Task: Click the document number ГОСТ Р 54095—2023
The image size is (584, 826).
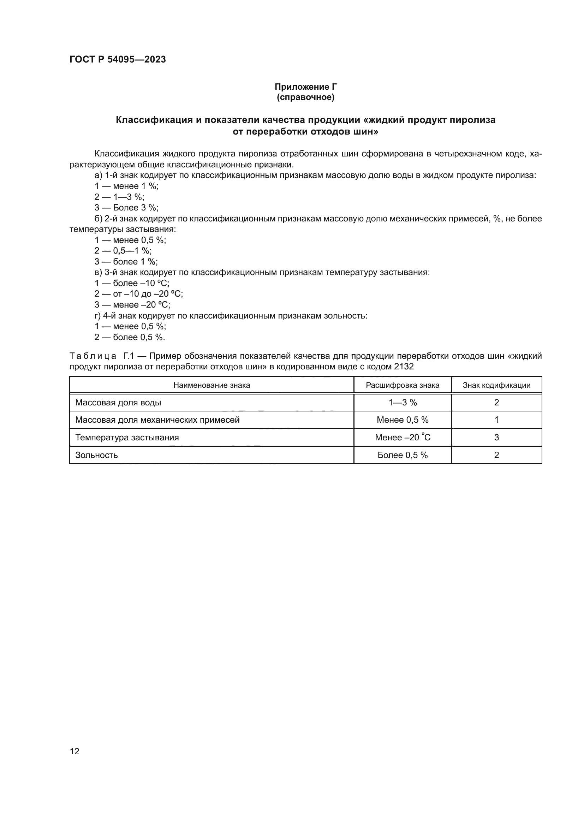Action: (x=118, y=59)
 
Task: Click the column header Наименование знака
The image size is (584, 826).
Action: (x=211, y=385)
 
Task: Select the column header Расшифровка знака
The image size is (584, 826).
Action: (x=403, y=385)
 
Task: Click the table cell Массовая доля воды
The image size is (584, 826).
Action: (x=118, y=403)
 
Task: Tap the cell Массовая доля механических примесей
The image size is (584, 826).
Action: (x=157, y=420)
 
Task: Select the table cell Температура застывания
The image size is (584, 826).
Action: (x=127, y=438)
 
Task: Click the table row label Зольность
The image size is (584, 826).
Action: (x=96, y=455)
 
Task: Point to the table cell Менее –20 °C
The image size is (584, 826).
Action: (x=403, y=438)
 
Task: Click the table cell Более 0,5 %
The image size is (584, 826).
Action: (x=403, y=455)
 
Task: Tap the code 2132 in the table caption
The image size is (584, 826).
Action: (x=404, y=367)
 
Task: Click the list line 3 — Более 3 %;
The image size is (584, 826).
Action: (x=126, y=208)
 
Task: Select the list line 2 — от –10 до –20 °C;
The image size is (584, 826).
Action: (x=138, y=294)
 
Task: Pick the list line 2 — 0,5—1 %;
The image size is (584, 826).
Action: (x=123, y=251)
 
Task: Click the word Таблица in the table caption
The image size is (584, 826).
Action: (x=93, y=356)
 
